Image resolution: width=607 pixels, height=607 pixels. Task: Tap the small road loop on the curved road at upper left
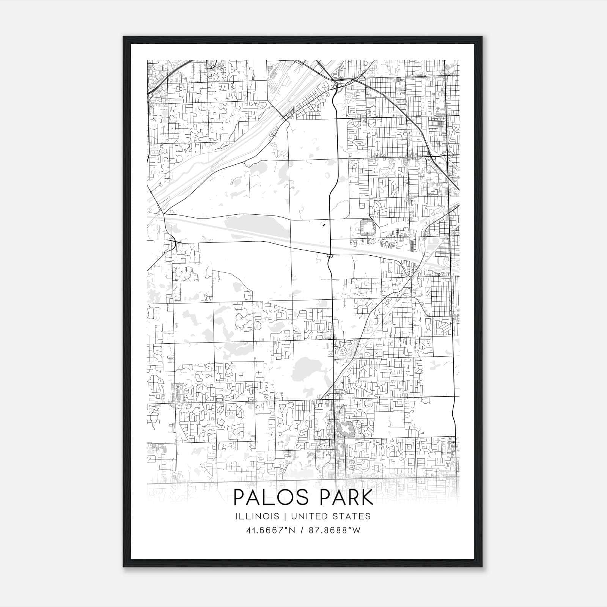(247, 164)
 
